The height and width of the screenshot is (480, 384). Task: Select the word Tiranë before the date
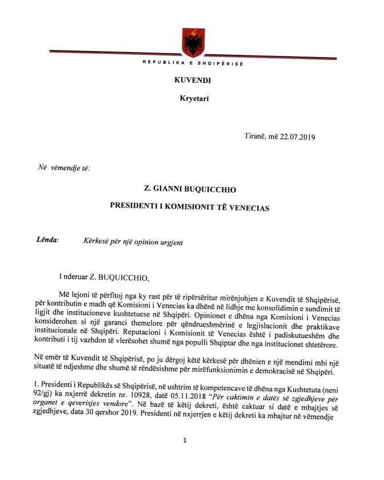pyautogui.click(x=255, y=137)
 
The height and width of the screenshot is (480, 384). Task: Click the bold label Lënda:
pyautogui.click(x=48, y=241)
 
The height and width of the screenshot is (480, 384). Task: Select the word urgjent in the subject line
pyautogui.click(x=171, y=242)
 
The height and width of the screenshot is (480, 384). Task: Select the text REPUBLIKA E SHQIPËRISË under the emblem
pyautogui.click(x=193, y=63)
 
